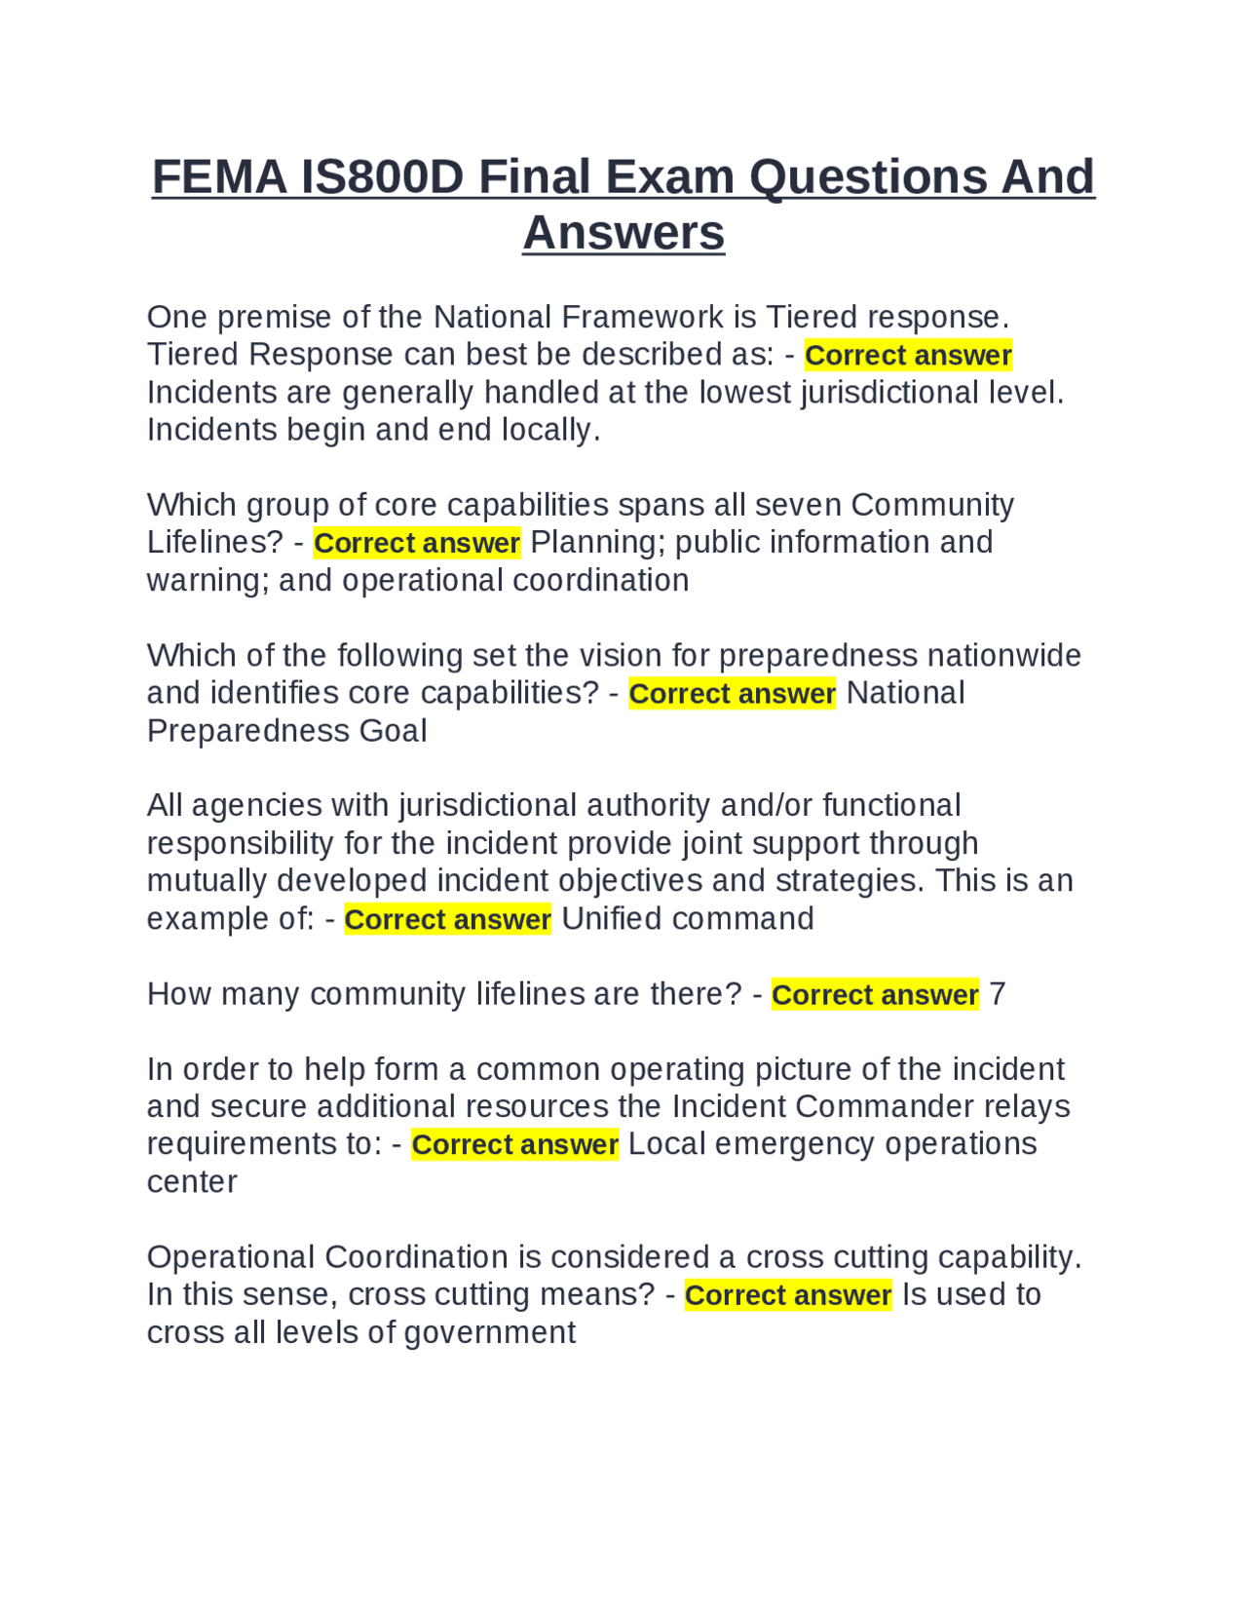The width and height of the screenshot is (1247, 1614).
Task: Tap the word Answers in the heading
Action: (x=623, y=233)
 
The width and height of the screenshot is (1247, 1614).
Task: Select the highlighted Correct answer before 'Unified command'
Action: (x=447, y=919)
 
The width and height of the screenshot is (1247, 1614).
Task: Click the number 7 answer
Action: (x=997, y=994)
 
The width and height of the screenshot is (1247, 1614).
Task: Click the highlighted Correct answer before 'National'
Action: (x=732, y=693)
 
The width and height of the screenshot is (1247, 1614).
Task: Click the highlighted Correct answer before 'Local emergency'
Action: (x=514, y=1144)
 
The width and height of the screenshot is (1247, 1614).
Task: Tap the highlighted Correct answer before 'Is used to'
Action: (x=788, y=1295)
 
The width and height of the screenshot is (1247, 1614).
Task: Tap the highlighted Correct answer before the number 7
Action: (x=875, y=994)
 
